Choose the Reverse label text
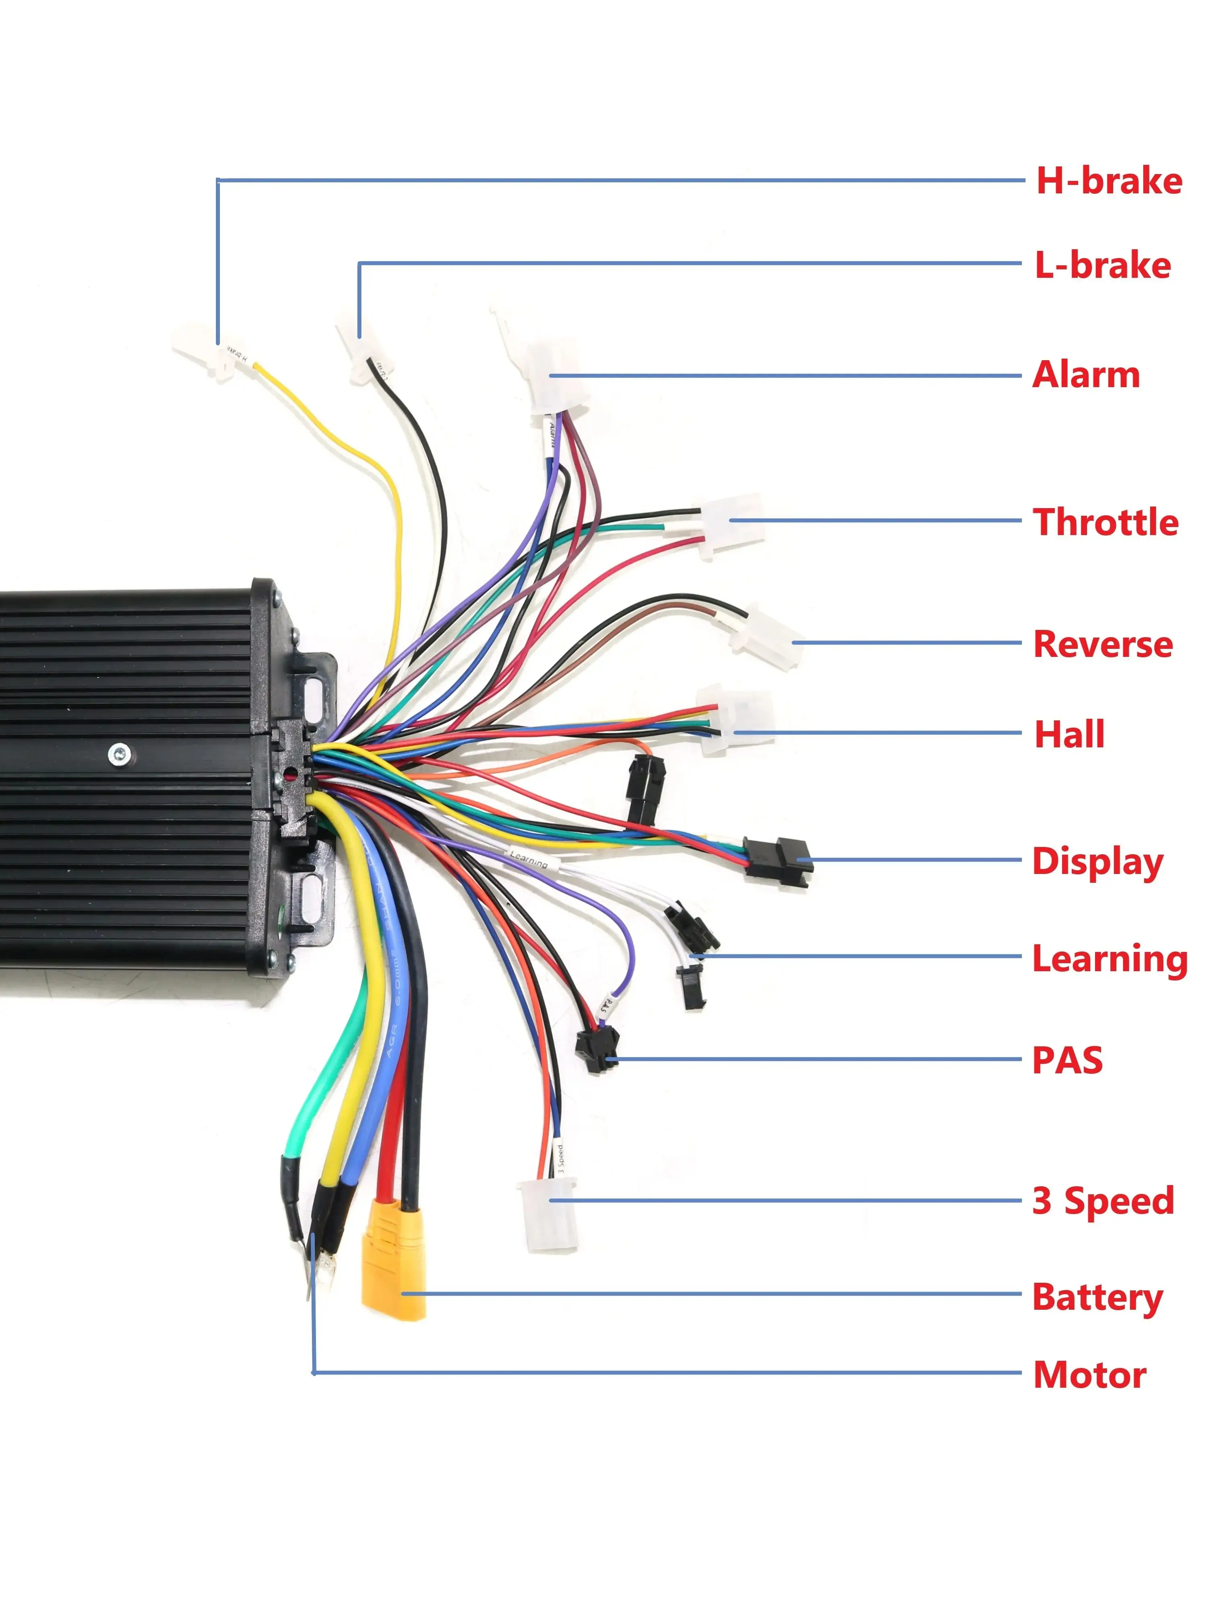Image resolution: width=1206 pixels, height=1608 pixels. [x=1102, y=644]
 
